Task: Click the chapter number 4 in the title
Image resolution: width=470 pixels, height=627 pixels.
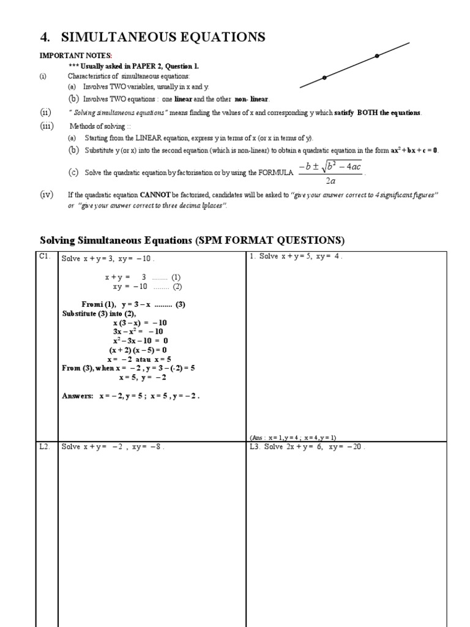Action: click(x=43, y=38)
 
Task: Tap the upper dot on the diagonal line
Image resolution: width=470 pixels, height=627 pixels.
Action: click(x=376, y=56)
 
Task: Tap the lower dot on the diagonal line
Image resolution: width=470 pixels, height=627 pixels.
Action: click(x=324, y=78)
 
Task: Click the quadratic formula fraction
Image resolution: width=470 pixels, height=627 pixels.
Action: click(x=330, y=173)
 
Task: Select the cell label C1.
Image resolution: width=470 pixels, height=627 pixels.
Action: click(x=44, y=257)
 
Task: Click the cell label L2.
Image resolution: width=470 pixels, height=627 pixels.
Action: click(x=44, y=446)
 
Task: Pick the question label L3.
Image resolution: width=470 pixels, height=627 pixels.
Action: click(x=256, y=447)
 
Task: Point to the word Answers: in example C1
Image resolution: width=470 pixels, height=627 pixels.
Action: click(x=78, y=396)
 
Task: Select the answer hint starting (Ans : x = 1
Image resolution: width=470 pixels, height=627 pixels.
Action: click(x=293, y=437)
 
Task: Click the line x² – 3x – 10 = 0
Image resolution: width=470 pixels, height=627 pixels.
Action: click(x=140, y=340)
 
